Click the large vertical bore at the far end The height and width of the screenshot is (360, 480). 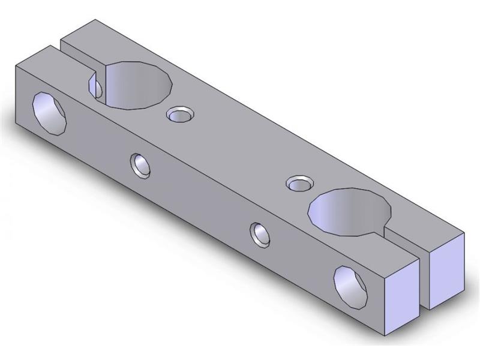139,85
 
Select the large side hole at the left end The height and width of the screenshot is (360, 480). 50,113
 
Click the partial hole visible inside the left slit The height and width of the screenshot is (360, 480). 95,86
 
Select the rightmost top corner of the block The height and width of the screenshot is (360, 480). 465,233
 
